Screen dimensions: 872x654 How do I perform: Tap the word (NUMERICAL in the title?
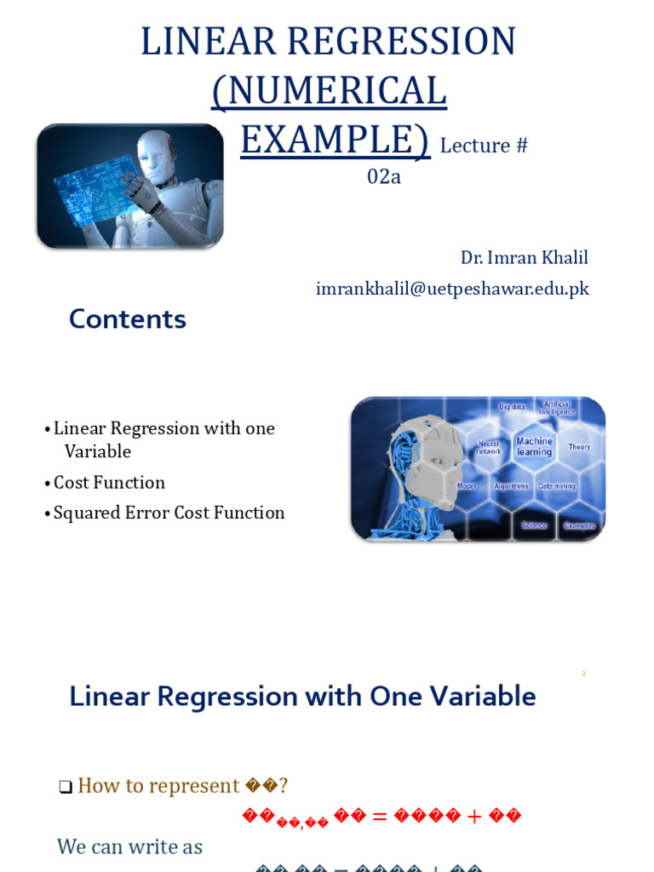click(329, 91)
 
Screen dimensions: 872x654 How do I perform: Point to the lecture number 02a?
click(383, 177)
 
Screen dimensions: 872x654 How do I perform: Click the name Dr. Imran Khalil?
click(524, 257)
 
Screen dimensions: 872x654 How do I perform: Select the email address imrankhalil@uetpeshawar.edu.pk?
click(452, 289)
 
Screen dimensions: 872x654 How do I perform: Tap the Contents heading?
click(128, 319)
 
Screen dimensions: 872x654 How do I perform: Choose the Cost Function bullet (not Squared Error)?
click(109, 483)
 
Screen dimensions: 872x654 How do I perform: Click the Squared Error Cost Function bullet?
click(169, 513)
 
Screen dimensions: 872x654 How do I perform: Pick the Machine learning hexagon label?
click(534, 446)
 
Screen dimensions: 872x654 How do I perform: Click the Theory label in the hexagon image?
click(579, 447)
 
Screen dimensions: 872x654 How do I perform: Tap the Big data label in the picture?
click(512, 407)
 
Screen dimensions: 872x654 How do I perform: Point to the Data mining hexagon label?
click(557, 486)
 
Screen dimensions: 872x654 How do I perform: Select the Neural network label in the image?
click(489, 447)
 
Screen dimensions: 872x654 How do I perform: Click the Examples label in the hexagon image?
click(579, 525)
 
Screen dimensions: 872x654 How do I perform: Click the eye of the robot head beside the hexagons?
click(436, 461)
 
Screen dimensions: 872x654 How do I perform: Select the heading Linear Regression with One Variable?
click(302, 697)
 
